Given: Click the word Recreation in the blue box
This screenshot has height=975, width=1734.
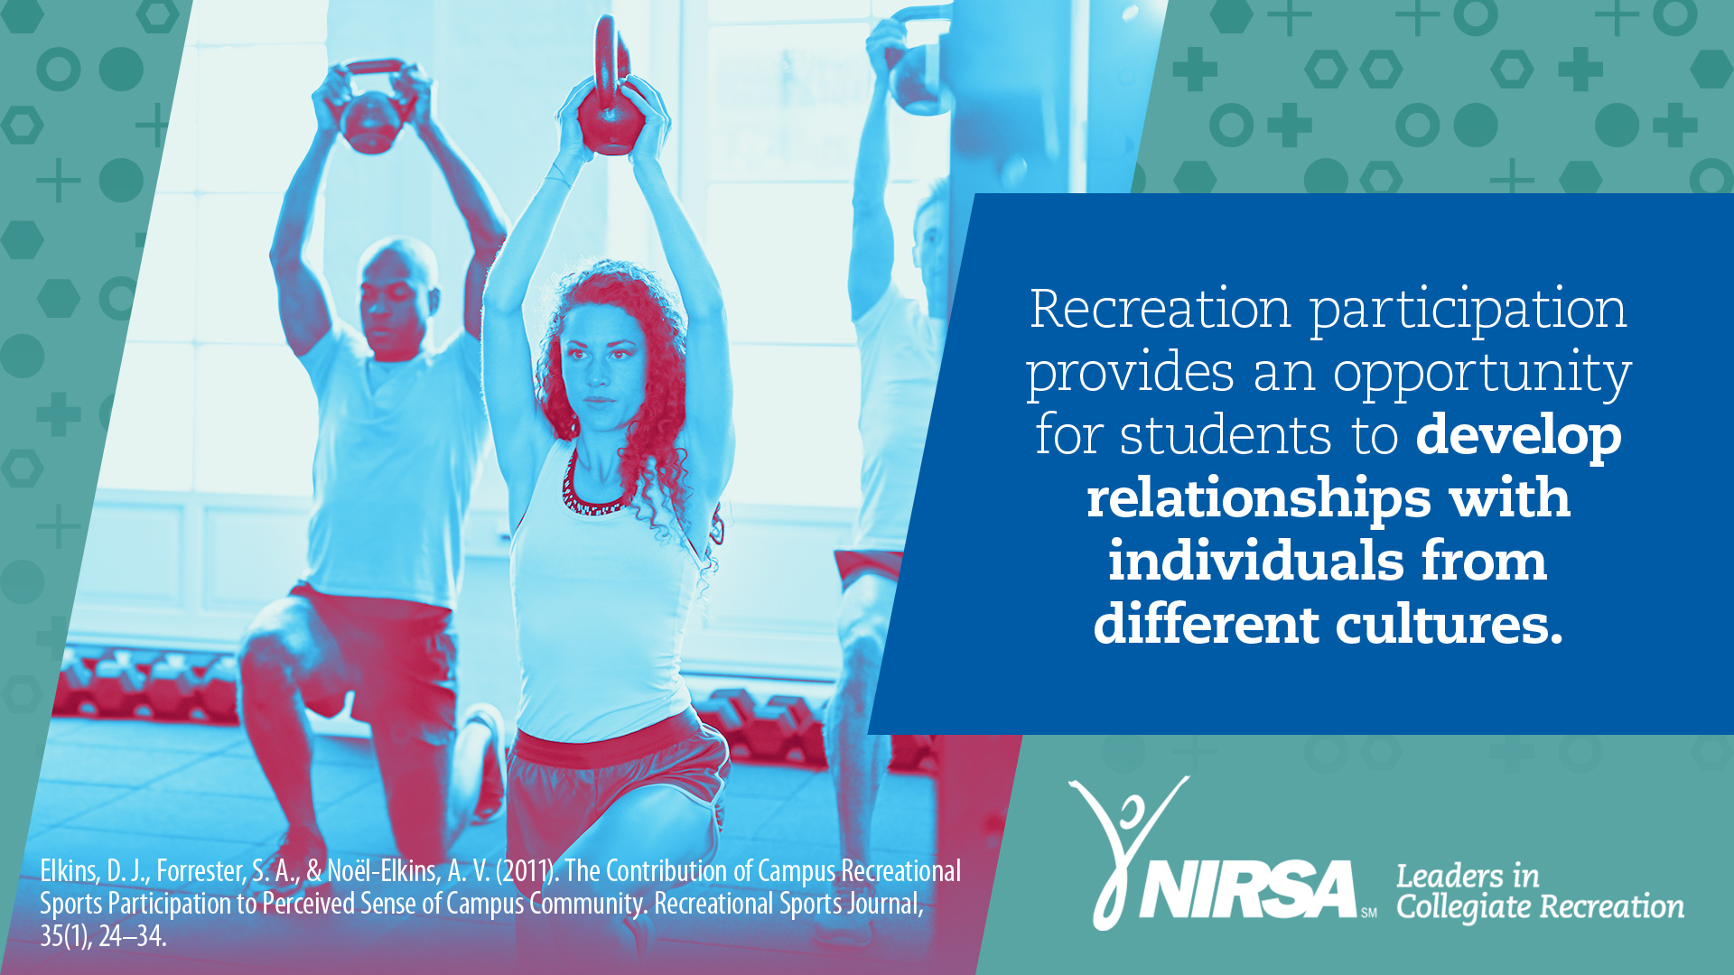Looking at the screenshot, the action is point(1161,309).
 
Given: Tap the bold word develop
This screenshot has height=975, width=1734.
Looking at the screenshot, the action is point(1518,437).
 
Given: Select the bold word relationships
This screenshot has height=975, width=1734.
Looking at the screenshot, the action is point(1259,500).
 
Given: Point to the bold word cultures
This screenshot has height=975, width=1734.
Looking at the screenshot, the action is point(1449,624).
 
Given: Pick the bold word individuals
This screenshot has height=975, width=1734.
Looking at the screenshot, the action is point(1256,561).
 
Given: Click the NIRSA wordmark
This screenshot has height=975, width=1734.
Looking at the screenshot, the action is point(1249,889).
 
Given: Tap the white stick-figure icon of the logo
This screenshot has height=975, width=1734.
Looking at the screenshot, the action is point(1125,849).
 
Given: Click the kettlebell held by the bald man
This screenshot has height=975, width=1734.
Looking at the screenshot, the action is point(372,107).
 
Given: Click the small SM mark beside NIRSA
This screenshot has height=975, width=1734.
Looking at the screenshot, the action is point(1369,913).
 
